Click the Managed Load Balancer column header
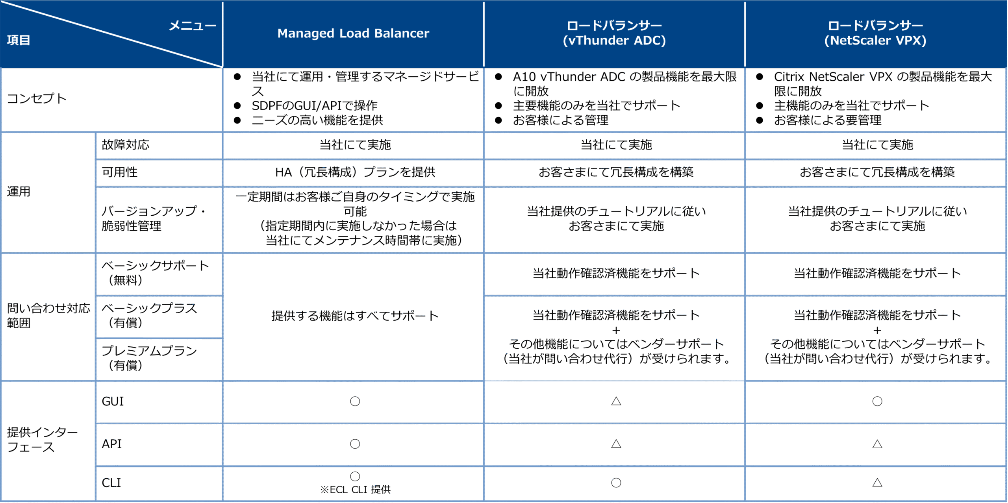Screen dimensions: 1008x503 point(353,33)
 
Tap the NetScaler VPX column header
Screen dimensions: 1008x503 point(875,33)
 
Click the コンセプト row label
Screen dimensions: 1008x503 point(37,98)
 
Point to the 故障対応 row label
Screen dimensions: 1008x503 point(126,145)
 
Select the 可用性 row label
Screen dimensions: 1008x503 point(120,172)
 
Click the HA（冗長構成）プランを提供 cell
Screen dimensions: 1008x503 point(355,172)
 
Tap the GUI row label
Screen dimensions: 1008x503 point(113,401)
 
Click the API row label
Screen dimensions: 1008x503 point(112,444)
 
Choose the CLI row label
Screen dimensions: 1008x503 point(111,483)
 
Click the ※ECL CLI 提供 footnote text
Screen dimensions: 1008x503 point(355,490)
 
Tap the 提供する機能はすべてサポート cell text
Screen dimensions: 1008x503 point(355,316)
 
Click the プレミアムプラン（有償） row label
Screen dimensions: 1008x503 point(149,358)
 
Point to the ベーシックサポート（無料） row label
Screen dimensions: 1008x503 point(155,273)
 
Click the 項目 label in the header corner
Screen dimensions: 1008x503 point(19,40)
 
